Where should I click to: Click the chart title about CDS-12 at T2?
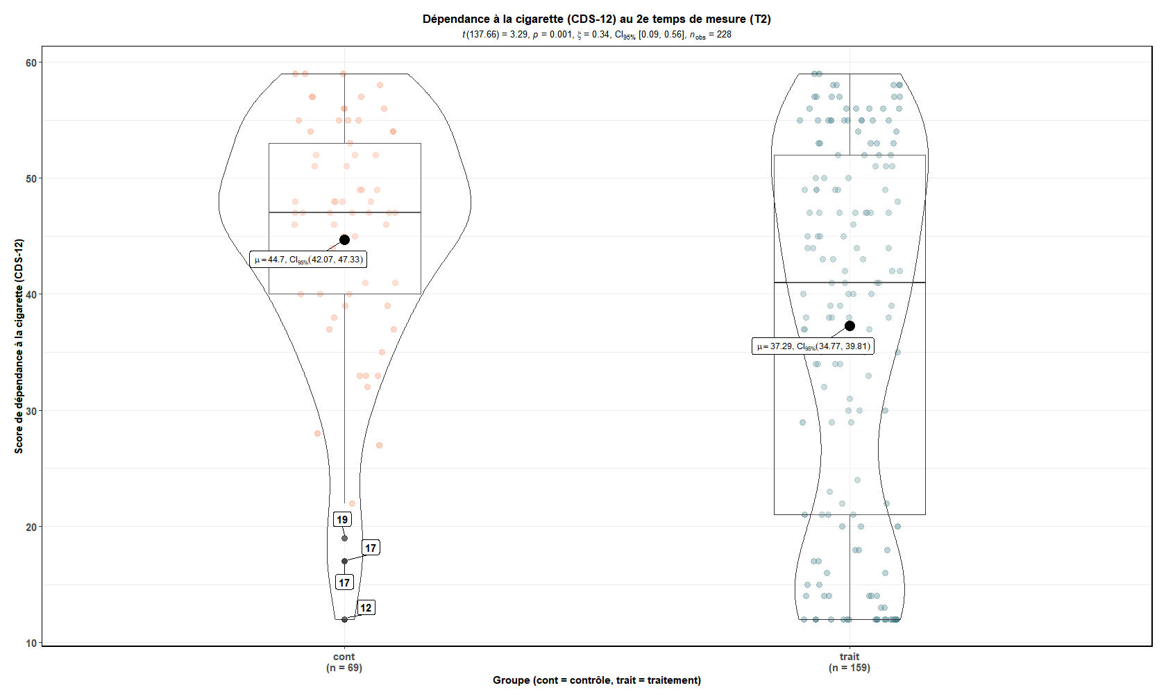tap(596, 19)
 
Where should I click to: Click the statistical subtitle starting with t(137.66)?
tap(596, 35)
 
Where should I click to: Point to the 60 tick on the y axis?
tap(31, 63)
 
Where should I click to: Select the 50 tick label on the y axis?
tap(31, 179)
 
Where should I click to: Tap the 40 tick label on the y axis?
tap(31, 295)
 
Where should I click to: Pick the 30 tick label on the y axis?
tap(31, 411)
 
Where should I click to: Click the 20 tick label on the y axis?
tap(31, 527)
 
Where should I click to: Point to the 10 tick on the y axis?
tap(31, 643)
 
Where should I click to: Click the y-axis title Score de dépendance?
tap(19, 346)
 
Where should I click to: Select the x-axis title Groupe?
tap(596, 680)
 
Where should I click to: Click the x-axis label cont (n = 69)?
tap(344, 662)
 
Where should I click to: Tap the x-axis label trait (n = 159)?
tap(850, 662)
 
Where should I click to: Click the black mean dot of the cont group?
tap(344, 239)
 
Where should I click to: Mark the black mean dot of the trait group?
tap(850, 326)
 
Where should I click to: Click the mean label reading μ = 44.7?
tap(308, 260)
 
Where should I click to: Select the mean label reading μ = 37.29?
tap(813, 346)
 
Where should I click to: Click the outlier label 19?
tap(342, 520)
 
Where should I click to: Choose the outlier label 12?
tap(366, 608)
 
